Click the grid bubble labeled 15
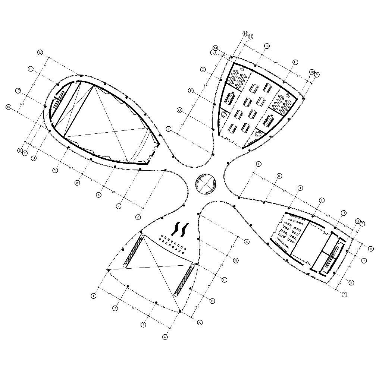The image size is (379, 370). [40, 53]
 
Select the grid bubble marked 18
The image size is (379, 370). [9, 107]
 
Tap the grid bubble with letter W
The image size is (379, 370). [78, 183]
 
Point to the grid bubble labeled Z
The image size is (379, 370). [138, 217]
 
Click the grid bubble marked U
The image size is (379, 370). [34, 158]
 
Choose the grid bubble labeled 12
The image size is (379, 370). [267, 46]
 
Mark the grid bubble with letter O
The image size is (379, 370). [203, 70]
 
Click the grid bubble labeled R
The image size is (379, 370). [169, 129]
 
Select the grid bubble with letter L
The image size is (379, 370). [259, 164]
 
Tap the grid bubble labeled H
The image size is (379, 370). [344, 212]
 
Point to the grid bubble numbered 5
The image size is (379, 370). [345, 294]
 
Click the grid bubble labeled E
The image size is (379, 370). [247, 242]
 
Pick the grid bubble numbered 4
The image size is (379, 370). [165, 337]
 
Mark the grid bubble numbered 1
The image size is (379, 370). [94, 296]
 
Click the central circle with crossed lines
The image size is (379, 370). [206, 184]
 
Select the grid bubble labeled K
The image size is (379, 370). [279, 176]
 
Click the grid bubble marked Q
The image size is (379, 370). [179, 110]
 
